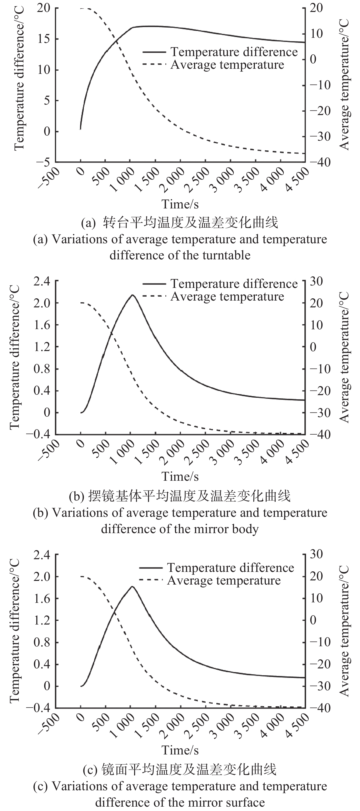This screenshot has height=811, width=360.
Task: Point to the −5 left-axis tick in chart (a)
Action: [43, 162]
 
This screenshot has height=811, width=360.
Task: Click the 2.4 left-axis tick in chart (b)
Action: [42, 281]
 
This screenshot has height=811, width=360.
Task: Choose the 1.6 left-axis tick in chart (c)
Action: [42, 598]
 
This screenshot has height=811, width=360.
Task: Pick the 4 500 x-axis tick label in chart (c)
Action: [298, 723]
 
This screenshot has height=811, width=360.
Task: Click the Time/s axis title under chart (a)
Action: [180, 204]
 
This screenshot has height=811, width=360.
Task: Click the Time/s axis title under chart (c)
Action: [180, 750]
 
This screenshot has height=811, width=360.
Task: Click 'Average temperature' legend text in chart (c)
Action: [224, 580]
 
